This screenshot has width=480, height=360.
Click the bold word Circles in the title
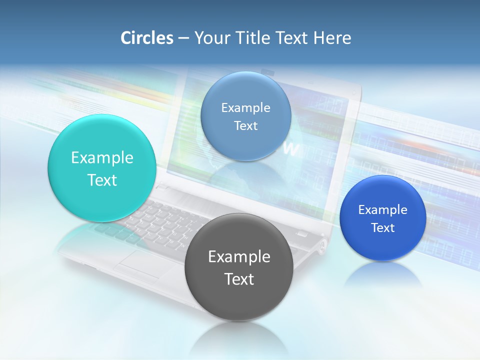click(146, 37)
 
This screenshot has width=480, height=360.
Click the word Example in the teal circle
click(102, 158)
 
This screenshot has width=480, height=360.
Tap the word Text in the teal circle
click(102, 180)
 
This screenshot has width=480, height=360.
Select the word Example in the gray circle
click(239, 257)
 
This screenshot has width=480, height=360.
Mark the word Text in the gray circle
click(239, 279)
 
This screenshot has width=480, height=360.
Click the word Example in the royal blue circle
click(383, 210)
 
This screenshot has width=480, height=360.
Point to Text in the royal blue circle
click(383, 228)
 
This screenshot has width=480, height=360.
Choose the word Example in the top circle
click(246, 108)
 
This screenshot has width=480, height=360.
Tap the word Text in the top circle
click(246, 126)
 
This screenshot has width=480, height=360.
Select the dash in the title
click(183, 38)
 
